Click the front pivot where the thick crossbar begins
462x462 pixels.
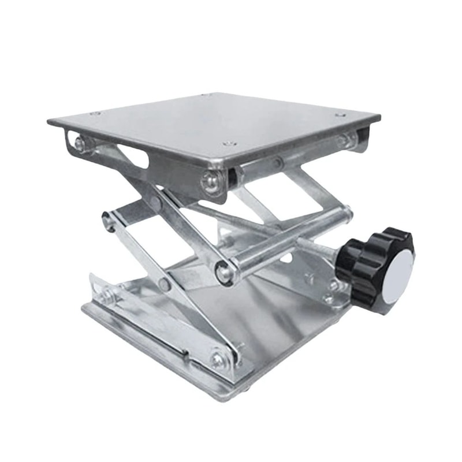click(222, 271)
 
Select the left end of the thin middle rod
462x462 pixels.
click(107, 220)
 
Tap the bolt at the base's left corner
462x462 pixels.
click(106, 296)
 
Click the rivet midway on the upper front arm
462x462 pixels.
click(155, 203)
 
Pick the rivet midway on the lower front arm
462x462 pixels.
click(166, 284)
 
